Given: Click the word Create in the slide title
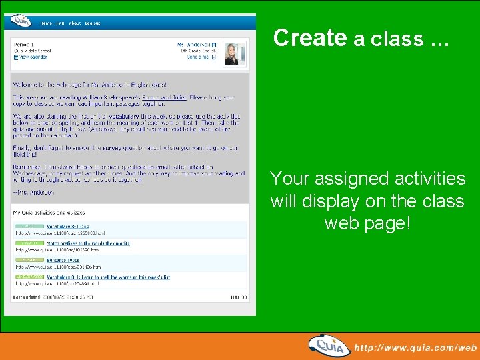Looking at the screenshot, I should coord(309,38).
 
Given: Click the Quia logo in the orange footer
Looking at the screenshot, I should coord(329,345).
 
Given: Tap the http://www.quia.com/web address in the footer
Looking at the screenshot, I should coord(415,347).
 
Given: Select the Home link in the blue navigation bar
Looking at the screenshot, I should coord(46,23).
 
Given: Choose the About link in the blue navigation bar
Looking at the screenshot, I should coord(75,23).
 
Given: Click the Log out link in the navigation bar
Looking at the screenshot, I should coord(93,23).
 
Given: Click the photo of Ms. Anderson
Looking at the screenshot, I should coord(231,52).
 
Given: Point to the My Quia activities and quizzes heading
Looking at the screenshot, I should coord(49,213).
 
